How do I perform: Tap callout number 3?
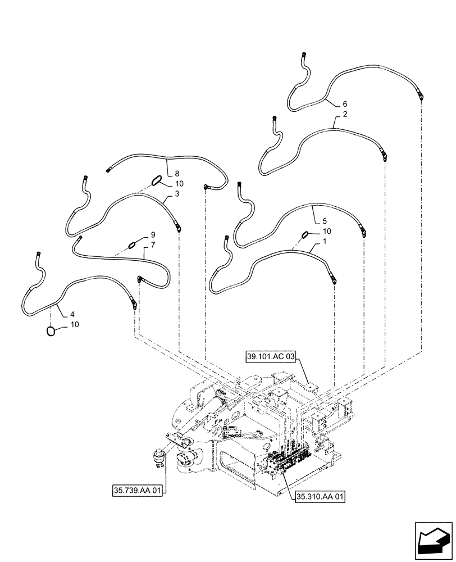pyautogui.click(x=177, y=193)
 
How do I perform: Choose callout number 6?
pyautogui.click(x=345, y=104)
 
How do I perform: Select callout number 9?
pyautogui.click(x=152, y=234)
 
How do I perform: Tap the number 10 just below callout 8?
pyautogui.click(x=179, y=184)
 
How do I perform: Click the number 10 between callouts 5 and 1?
pyautogui.click(x=327, y=231)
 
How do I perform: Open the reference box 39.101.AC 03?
pyautogui.click(x=270, y=356)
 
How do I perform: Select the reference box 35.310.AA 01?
pyautogui.click(x=319, y=496)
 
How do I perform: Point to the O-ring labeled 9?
pyautogui.click(x=133, y=243)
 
